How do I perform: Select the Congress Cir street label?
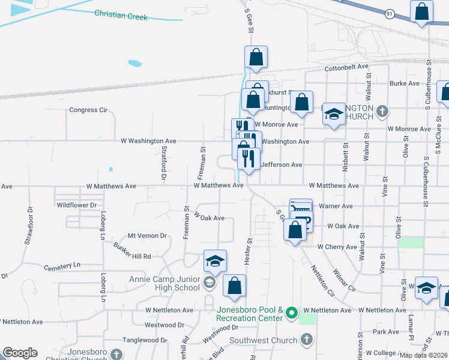point(88,110)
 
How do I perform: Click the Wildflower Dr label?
point(76,205)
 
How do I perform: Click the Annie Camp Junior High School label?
point(164,283)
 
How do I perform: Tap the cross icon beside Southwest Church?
point(307,340)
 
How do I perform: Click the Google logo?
point(20,353)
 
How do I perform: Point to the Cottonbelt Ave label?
point(346,68)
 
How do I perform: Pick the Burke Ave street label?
point(403,83)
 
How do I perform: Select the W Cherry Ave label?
point(337,247)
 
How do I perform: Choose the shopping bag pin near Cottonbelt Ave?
point(256,58)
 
